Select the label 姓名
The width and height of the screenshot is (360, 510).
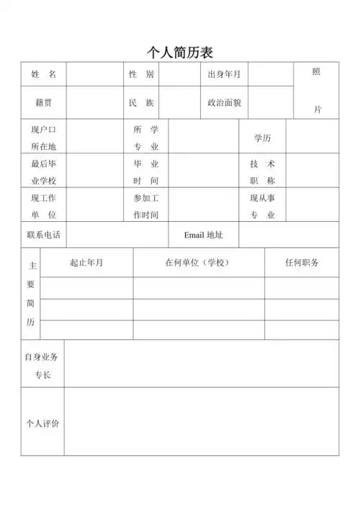coord(44,74)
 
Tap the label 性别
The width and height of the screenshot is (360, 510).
coord(141,74)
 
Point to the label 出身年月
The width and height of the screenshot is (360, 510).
coord(224,74)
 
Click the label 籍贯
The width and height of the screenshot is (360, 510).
coord(44,102)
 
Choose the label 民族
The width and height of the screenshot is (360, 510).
coord(141,102)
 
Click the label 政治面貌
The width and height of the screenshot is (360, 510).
coord(224,102)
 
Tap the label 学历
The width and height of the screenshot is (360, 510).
coord(263,137)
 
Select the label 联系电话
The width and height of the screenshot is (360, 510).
coord(44,235)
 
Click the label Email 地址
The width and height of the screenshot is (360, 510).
coord(204,235)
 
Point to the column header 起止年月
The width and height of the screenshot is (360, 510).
coord(86,262)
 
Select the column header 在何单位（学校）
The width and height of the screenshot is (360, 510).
coord(198,262)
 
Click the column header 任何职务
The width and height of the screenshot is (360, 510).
coord(302,262)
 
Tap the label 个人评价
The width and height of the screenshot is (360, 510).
coord(43,423)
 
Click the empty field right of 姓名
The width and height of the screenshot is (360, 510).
coord(94,74)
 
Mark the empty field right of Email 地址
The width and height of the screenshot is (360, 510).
coord(288,235)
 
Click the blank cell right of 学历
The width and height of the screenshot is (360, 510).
coord(312,137)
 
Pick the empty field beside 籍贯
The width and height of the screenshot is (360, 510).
coord(94,102)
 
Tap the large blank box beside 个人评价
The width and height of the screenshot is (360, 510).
coord(202,423)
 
